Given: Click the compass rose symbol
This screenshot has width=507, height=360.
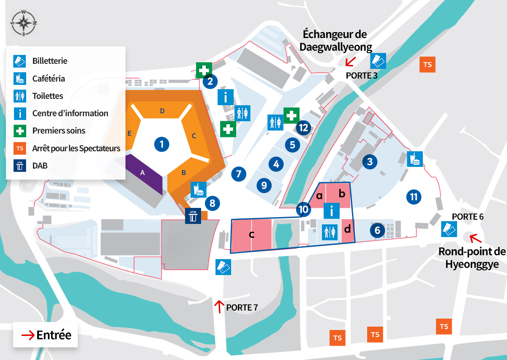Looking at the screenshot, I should coord(24,22).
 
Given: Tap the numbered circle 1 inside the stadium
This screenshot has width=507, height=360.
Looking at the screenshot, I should coord(161,145).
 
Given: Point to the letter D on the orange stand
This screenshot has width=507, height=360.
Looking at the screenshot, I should coord(162,111).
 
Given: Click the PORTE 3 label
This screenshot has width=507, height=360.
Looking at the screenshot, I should coord(361,76).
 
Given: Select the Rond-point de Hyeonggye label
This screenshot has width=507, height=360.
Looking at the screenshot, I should coord(472,258).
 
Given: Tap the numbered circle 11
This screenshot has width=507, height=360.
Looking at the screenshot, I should coord(414,196).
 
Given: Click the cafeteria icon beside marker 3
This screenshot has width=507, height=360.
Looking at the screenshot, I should coord(414,159).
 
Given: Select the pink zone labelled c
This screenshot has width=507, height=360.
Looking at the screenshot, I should coord(251,234).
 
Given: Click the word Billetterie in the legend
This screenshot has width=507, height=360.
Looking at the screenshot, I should coord(50,61).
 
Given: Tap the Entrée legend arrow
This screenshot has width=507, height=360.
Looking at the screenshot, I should coord(28,335).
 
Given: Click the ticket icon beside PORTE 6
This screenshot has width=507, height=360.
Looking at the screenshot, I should coord(449,229).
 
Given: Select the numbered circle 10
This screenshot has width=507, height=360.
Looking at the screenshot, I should coord(303,209).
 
